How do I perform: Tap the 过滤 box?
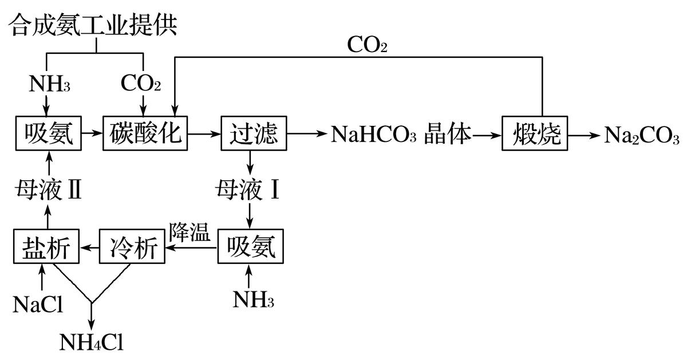[x=253, y=134]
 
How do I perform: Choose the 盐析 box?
[x=46, y=247]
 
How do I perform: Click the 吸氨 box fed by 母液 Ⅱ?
[x=48, y=134]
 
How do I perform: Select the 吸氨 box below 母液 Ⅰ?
[x=250, y=247]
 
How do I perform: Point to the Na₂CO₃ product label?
[x=642, y=136]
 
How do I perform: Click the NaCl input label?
[x=38, y=304]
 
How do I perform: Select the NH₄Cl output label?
[x=92, y=342]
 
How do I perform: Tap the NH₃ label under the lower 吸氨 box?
[x=250, y=300]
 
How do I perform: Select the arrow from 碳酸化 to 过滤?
[x=204, y=134]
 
